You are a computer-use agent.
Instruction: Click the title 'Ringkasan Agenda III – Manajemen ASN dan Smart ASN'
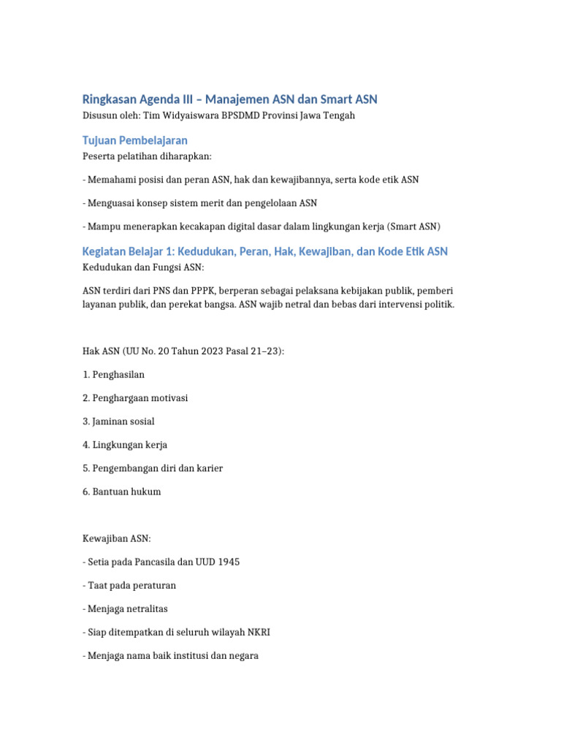[x=229, y=99]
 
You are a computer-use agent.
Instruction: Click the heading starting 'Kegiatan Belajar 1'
[x=264, y=251]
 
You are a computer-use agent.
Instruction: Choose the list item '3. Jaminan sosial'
[x=118, y=421]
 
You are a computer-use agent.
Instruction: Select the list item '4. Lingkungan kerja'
[x=124, y=445]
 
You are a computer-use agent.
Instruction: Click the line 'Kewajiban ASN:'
[x=116, y=538]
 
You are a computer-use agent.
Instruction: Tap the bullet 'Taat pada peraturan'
[x=131, y=585]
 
